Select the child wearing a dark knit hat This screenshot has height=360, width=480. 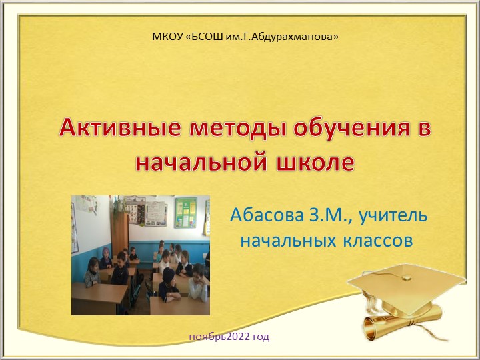pyautogui.click(x=169, y=275)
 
